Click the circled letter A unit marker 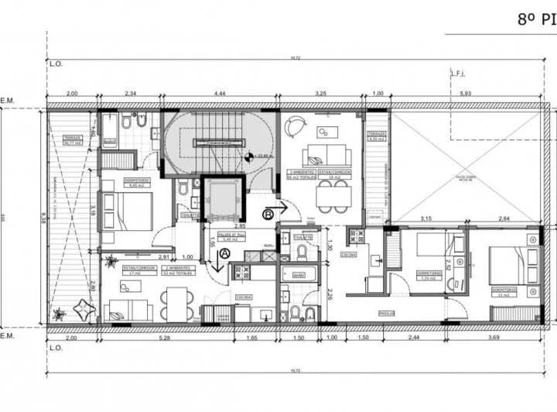(x=225, y=252)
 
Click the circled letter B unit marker (x=268, y=214)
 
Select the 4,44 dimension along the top (x=220, y=94)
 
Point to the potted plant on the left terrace (x=58, y=314)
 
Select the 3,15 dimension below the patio (x=425, y=219)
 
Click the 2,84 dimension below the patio (x=503, y=219)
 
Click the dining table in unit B (x=333, y=197)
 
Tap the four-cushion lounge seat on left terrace (x=84, y=310)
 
